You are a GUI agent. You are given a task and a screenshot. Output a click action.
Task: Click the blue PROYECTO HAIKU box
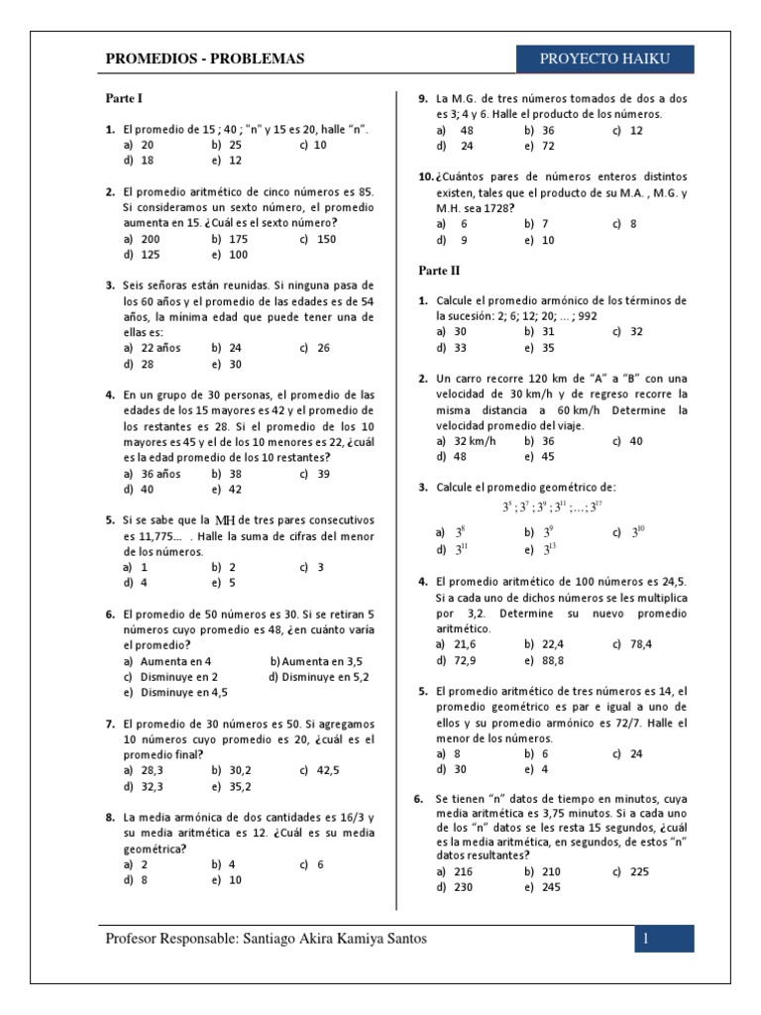coord(604,59)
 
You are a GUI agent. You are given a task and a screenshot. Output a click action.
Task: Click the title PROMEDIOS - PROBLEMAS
coord(205,59)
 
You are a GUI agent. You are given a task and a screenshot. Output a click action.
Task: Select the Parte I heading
coord(126,99)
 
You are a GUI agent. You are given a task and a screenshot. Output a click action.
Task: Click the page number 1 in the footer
coord(645,939)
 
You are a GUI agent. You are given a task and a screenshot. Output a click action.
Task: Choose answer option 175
coord(237,239)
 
